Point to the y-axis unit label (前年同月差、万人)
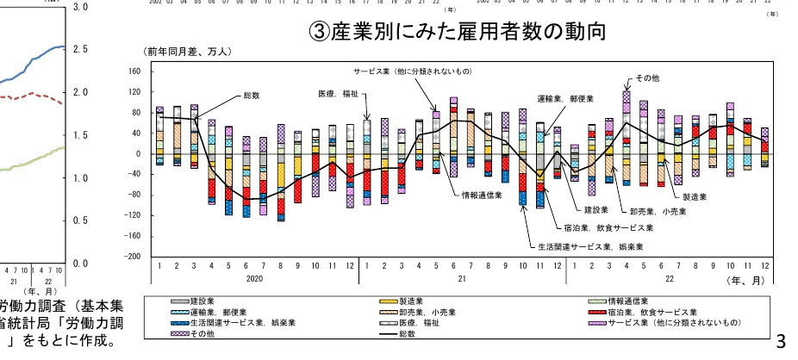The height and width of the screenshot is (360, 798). pyautogui.click(x=187, y=53)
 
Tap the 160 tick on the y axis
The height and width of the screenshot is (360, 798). pyautogui.click(x=133, y=71)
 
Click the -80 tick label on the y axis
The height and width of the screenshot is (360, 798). pyautogui.click(x=133, y=195)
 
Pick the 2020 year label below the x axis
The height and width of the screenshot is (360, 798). pyautogui.click(x=253, y=280)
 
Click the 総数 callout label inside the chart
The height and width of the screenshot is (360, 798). pyautogui.click(x=252, y=95)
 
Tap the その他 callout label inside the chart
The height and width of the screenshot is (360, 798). pyautogui.click(x=647, y=78)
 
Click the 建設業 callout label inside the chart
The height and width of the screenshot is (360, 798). pyautogui.click(x=596, y=209)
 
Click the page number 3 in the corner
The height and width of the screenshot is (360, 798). pyautogui.click(x=781, y=341)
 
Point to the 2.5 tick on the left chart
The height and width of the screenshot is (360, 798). pyautogui.click(x=80, y=49)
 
